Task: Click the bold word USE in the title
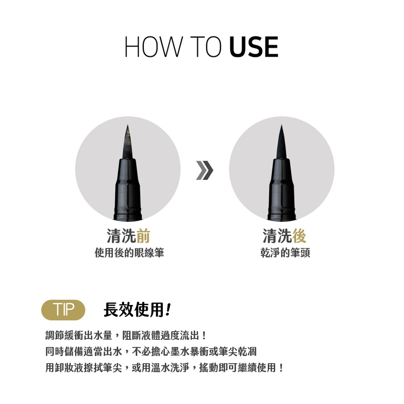pos(253,47)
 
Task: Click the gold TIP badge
pos(63,310)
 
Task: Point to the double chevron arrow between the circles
pos(205,170)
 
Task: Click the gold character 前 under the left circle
pos(143,236)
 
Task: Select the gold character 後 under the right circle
pos(299,236)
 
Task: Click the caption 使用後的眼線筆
pos(129,252)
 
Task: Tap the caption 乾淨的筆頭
pos(285,252)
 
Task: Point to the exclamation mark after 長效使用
pos(168,310)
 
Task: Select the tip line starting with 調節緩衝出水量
pos(126,335)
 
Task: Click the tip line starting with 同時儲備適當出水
pos(151,351)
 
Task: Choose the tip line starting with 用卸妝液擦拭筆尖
pos(165,367)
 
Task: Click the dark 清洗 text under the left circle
pos(121,236)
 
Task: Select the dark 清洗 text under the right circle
pos(277,236)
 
